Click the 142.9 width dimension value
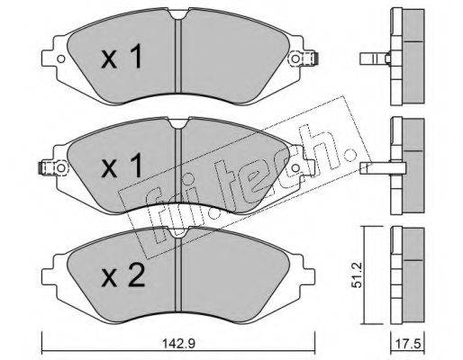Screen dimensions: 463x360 point(178,344)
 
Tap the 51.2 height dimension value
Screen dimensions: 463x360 point(357,274)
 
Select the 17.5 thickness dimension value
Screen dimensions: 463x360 point(408,344)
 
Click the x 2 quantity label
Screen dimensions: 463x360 point(123,276)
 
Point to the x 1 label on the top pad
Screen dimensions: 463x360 point(122,56)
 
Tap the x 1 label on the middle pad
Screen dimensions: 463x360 point(122,166)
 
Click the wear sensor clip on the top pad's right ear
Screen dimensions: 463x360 point(313,58)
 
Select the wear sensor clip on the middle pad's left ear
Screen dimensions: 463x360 point(44,167)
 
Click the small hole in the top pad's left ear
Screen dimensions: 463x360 point(61,58)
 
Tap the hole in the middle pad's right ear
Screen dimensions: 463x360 point(295,167)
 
